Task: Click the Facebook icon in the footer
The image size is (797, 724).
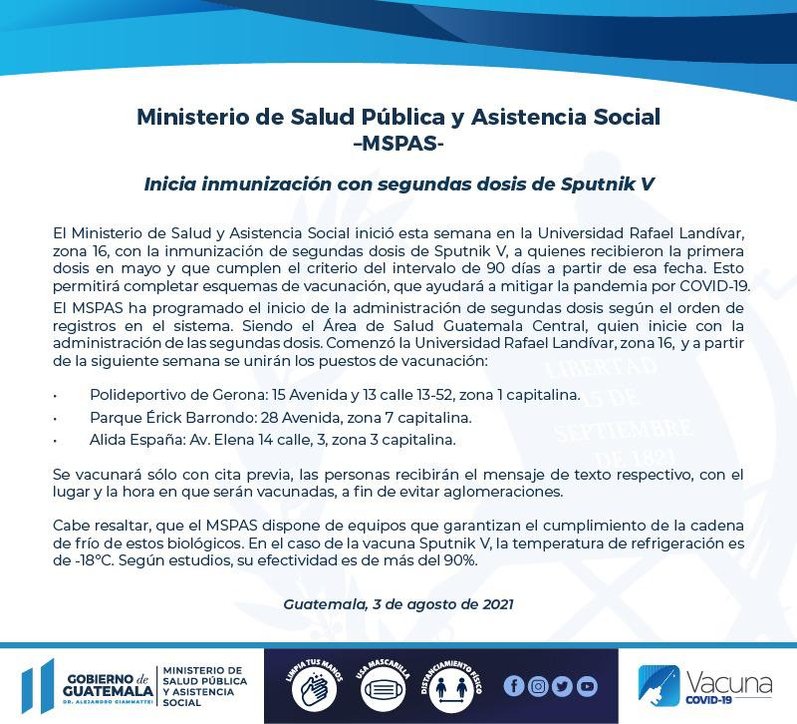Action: click(514, 686)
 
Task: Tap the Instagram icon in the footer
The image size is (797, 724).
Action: click(538, 686)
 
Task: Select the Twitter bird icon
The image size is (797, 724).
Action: click(562, 686)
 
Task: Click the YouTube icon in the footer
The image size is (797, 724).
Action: click(587, 686)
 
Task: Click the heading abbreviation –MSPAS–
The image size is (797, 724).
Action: click(398, 143)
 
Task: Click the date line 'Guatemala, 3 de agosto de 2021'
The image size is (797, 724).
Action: click(398, 604)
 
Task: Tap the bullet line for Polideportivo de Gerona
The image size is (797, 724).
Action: click(334, 394)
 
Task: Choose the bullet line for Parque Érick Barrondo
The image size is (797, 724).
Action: click(280, 416)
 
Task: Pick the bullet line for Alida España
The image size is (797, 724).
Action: click(273, 438)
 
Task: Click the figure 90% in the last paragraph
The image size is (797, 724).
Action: click(457, 559)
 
